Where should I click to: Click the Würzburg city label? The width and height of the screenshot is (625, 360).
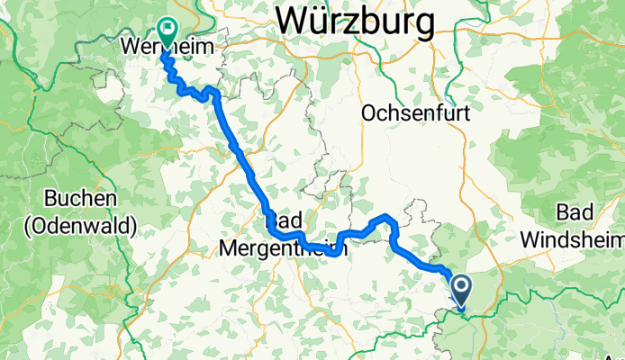tap(355, 19)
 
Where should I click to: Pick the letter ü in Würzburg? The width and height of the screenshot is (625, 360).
tap(319, 19)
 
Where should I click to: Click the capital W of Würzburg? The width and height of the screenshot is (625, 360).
tap(294, 19)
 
